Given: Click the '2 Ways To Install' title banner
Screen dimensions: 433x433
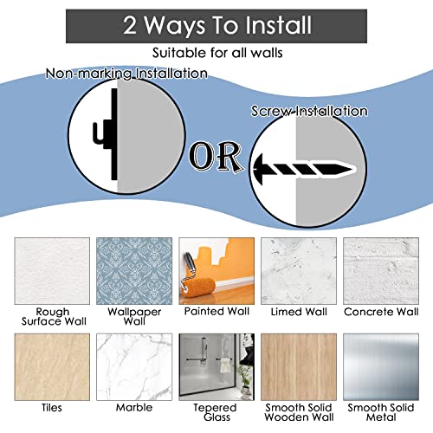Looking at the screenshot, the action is click(x=216, y=26).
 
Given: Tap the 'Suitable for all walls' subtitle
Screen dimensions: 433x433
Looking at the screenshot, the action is click(x=217, y=53).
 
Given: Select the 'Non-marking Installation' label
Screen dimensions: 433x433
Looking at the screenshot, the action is click(x=126, y=74).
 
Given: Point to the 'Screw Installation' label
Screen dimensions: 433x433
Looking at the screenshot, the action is click(x=309, y=111).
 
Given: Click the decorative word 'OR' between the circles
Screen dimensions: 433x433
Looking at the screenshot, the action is click(x=216, y=156).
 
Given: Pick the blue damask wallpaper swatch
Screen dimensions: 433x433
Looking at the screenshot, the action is click(x=134, y=271).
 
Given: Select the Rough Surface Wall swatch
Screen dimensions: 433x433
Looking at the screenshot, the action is click(x=52, y=271).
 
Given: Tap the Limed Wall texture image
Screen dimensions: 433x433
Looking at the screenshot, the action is click(x=299, y=271).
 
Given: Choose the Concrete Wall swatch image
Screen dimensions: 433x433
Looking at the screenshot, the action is click(x=381, y=271).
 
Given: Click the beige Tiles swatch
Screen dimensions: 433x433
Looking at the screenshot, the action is click(x=52, y=367).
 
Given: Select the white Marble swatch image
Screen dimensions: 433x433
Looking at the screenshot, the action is click(x=134, y=367).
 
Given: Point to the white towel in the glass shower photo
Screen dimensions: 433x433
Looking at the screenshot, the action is click(x=224, y=366).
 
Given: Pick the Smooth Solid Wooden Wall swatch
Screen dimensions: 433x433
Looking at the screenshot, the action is click(x=299, y=367).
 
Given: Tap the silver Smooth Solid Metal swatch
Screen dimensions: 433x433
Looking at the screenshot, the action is click(x=381, y=367).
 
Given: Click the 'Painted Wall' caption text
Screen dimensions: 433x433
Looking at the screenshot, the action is click(x=216, y=311).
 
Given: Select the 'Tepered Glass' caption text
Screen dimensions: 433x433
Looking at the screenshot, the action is click(x=216, y=412).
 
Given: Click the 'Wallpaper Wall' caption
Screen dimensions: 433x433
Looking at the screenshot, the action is click(x=134, y=316).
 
